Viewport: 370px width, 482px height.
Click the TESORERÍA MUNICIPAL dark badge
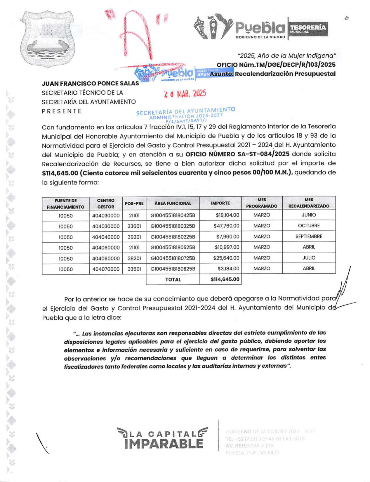click(x=308, y=29)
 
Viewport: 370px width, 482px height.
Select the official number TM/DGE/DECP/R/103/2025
click(x=276, y=65)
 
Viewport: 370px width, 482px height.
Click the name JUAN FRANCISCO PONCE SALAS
click(x=90, y=84)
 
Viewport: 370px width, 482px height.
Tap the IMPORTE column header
click(x=220, y=203)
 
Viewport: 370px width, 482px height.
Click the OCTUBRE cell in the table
click(x=309, y=226)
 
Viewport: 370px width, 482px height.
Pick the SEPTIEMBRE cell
click(x=309, y=236)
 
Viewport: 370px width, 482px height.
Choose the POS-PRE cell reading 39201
click(x=134, y=237)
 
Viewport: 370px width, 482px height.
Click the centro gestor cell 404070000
click(x=106, y=269)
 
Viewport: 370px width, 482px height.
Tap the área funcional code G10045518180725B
click(x=173, y=258)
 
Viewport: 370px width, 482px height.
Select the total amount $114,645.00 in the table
click(x=225, y=279)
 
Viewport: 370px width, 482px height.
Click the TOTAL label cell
click(x=173, y=280)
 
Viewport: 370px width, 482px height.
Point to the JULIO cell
click(x=309, y=258)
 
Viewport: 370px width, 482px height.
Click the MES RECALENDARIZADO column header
click(x=309, y=203)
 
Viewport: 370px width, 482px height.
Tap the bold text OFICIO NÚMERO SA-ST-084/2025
click(x=237, y=154)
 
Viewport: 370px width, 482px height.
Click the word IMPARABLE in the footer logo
click(x=164, y=444)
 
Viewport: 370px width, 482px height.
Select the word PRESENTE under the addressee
click(x=62, y=111)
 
